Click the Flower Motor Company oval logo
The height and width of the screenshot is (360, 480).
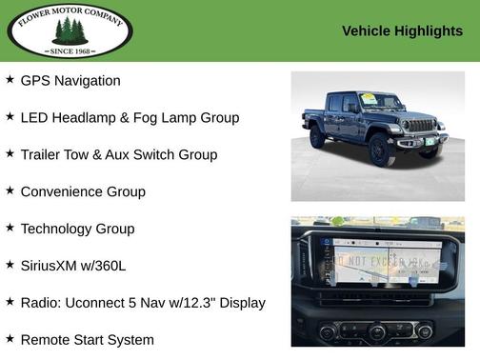coord(70,30)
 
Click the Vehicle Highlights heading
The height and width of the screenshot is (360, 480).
coord(402,31)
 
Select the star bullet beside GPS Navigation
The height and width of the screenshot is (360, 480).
coord(10,80)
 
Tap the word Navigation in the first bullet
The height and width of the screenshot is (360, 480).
coord(87,81)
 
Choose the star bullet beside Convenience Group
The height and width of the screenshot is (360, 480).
coord(10,190)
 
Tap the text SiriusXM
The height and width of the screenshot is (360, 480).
coord(53,266)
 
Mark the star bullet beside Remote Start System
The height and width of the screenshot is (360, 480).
coord(10,339)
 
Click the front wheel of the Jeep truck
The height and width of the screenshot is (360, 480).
coord(381,150)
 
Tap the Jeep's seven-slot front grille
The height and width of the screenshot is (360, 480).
coord(419,125)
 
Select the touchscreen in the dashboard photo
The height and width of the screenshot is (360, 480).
coord(379,258)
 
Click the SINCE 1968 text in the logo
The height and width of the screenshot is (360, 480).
coord(70,50)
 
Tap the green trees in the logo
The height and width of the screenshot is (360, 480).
coord(70,30)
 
